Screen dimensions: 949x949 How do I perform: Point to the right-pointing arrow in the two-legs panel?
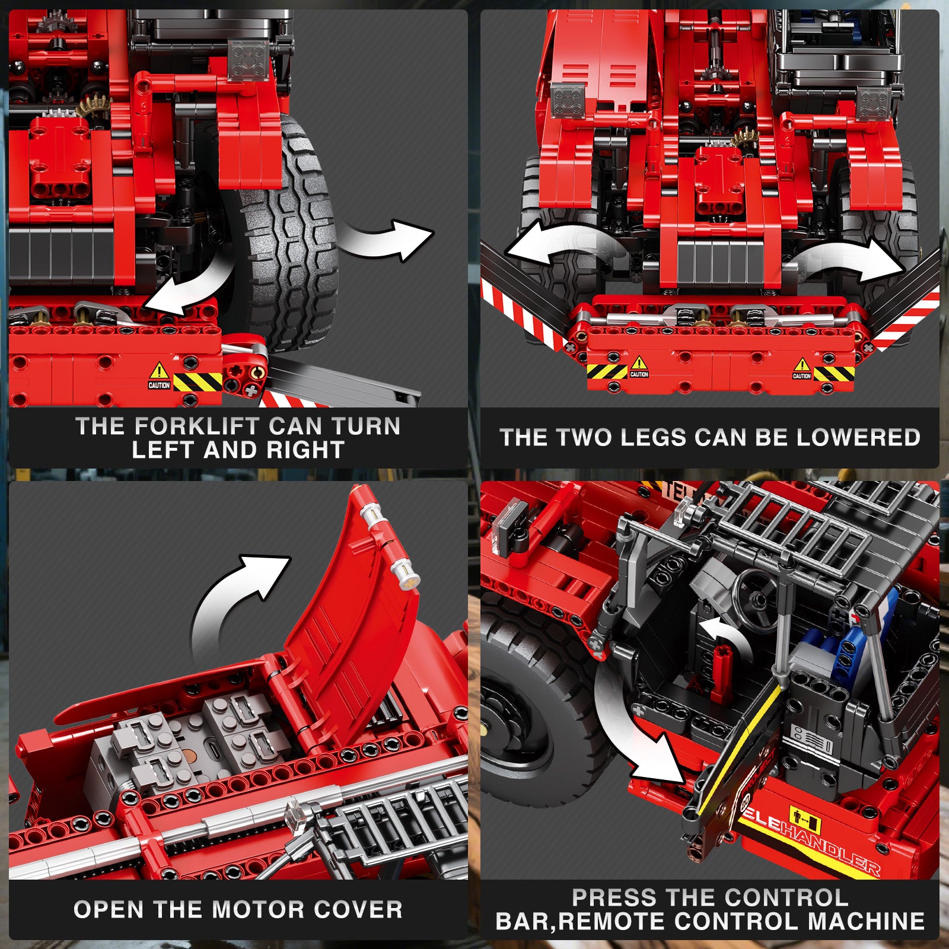[848, 261]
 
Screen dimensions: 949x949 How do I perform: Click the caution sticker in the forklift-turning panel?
[159, 377]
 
